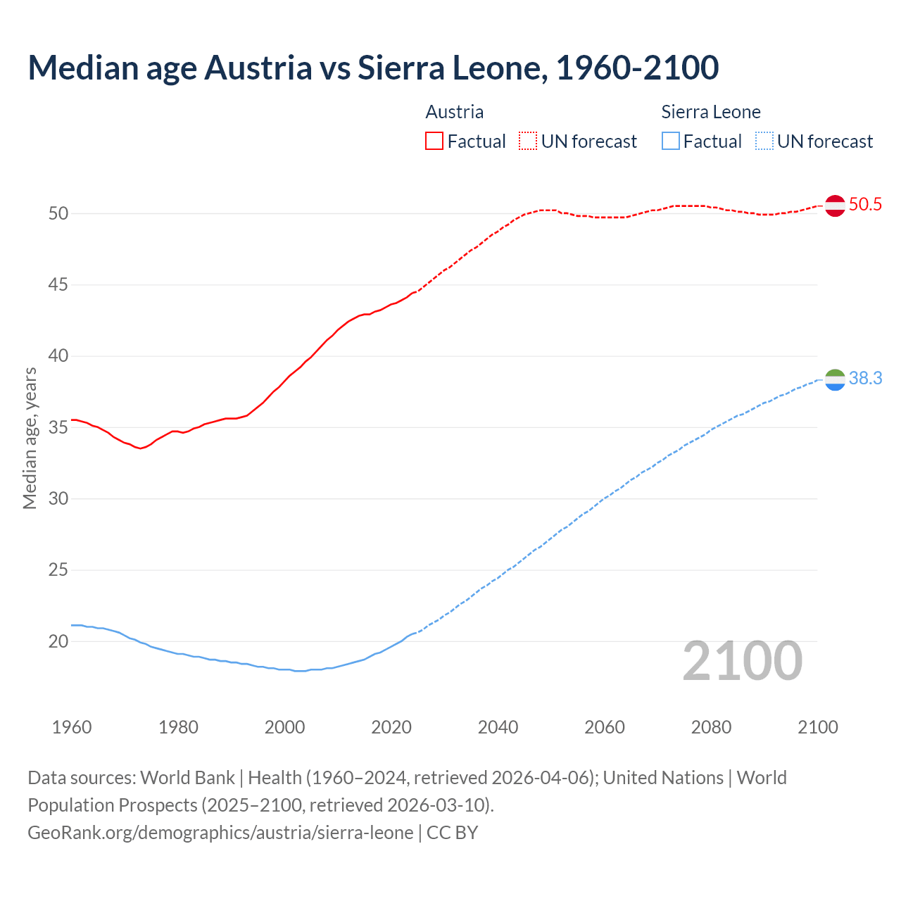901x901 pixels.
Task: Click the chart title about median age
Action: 373,68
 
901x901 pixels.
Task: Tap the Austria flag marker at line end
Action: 835,206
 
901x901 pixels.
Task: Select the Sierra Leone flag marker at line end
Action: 835,379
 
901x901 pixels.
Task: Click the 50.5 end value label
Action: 865,205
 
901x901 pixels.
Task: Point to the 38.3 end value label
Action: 865,379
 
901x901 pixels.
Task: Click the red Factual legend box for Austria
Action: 434,141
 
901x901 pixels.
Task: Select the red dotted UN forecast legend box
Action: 528,141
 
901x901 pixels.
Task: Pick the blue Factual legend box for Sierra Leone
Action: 671,141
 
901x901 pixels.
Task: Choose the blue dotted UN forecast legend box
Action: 764,141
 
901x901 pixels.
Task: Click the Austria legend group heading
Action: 455,112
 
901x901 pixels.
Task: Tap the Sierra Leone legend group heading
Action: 711,112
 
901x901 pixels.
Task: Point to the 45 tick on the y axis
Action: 58,285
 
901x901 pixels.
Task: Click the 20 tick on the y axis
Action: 58,641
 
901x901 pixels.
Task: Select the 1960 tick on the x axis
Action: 72,727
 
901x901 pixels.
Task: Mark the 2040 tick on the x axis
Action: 498,727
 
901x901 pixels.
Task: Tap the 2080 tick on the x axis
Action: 711,727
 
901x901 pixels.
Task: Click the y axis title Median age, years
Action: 30,438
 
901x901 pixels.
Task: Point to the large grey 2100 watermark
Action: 742,661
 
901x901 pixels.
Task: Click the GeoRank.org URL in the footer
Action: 220,833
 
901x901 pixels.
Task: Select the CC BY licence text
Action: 453,833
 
